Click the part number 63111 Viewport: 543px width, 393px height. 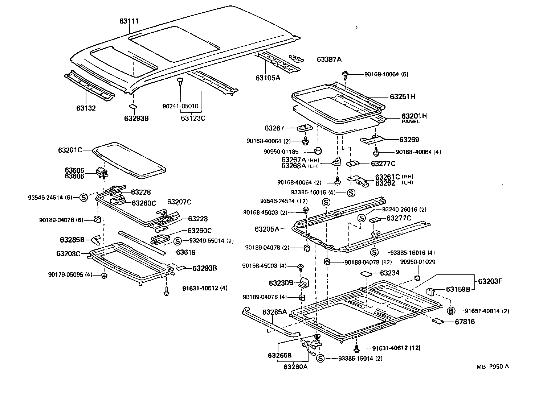pyautogui.click(x=129, y=21)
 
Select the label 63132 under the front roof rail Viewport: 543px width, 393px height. pyautogui.click(x=86, y=108)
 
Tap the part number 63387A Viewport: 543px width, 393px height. pyautogui.click(x=329, y=59)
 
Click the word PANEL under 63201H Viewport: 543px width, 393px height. pyautogui.click(x=411, y=122)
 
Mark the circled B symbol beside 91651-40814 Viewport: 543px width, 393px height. pyautogui.click(x=451, y=311)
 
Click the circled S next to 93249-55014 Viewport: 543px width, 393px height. pyautogui.click(x=177, y=241)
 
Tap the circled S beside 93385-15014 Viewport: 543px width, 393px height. pyautogui.click(x=320, y=358)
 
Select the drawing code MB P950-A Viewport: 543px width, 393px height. pyautogui.click(x=493, y=366)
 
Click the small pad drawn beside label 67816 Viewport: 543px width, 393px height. pyautogui.click(x=438, y=321)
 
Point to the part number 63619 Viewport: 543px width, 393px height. pyautogui.click(x=186, y=252)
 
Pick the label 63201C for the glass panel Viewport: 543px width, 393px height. pyautogui.click(x=70, y=150)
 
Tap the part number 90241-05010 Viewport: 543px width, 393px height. pyautogui.click(x=180, y=106)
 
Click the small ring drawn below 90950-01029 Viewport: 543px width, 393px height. pyautogui.click(x=417, y=278)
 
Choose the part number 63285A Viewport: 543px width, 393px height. pyautogui.click(x=275, y=312)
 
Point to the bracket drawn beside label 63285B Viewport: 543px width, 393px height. pyautogui.click(x=96, y=240)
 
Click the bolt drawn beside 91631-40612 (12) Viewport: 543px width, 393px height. pyautogui.click(x=356, y=349)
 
